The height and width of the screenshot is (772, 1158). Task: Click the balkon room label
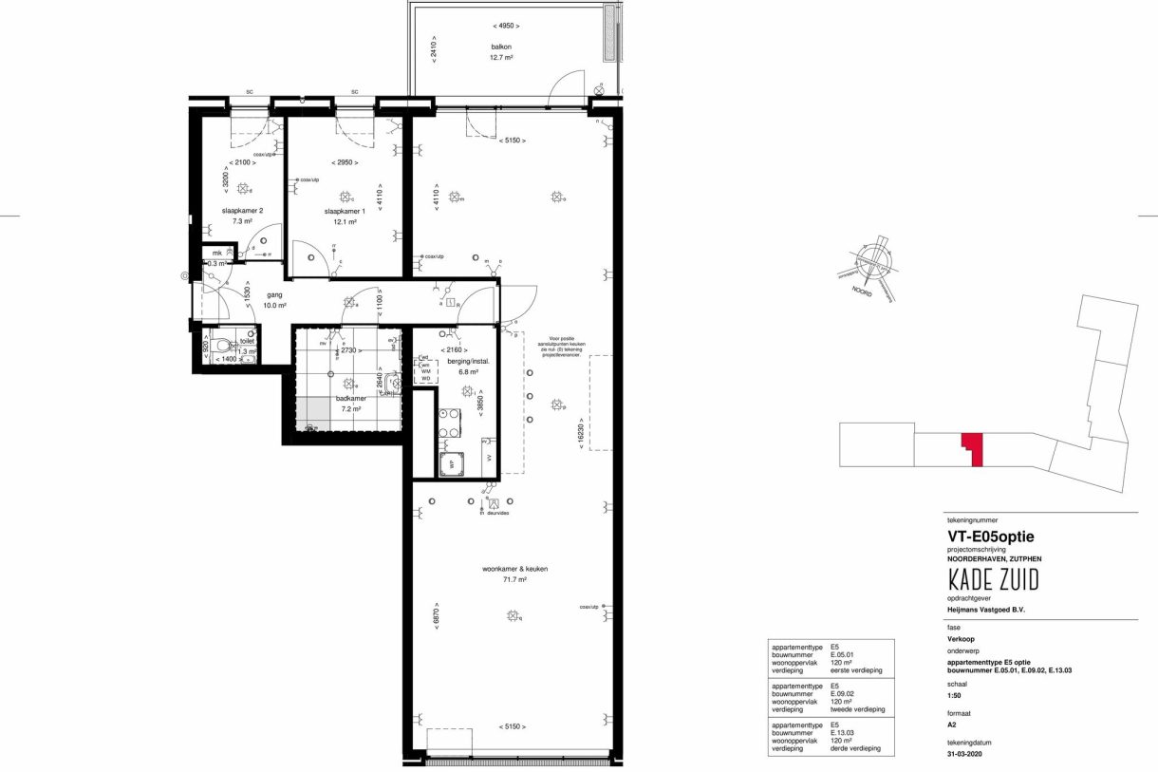click(x=502, y=46)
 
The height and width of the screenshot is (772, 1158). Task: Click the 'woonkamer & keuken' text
click(x=514, y=569)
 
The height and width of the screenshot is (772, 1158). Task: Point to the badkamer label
click(x=349, y=399)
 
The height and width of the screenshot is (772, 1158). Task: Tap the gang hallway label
click(x=274, y=294)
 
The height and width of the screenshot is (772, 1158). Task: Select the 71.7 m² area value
click(x=514, y=579)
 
